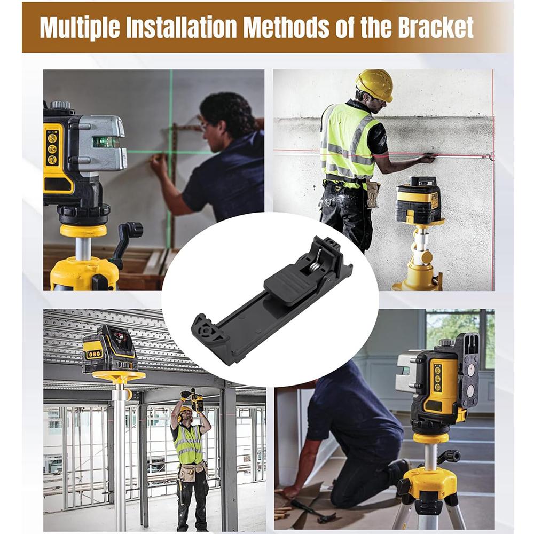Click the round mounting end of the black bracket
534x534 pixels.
pyautogui.click(x=206, y=332)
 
